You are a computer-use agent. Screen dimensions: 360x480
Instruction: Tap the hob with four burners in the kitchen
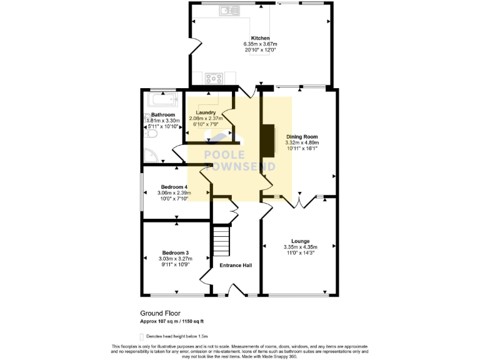tap(214, 78)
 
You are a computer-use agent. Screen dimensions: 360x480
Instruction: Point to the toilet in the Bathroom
tap(151, 134)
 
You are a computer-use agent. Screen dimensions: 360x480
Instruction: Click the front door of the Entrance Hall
tap(237, 290)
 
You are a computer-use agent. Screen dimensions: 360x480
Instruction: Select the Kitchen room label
tap(260, 38)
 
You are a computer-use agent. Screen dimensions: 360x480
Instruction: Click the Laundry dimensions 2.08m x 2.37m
tap(207, 119)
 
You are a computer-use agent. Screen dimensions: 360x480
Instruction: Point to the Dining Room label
tap(302, 136)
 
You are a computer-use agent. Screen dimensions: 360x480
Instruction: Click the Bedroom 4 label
tap(174, 187)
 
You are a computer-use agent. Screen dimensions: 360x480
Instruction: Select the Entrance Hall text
tap(236, 265)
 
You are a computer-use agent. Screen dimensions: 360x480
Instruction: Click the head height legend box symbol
tap(143, 335)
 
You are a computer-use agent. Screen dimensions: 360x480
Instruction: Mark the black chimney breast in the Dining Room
tap(269, 139)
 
